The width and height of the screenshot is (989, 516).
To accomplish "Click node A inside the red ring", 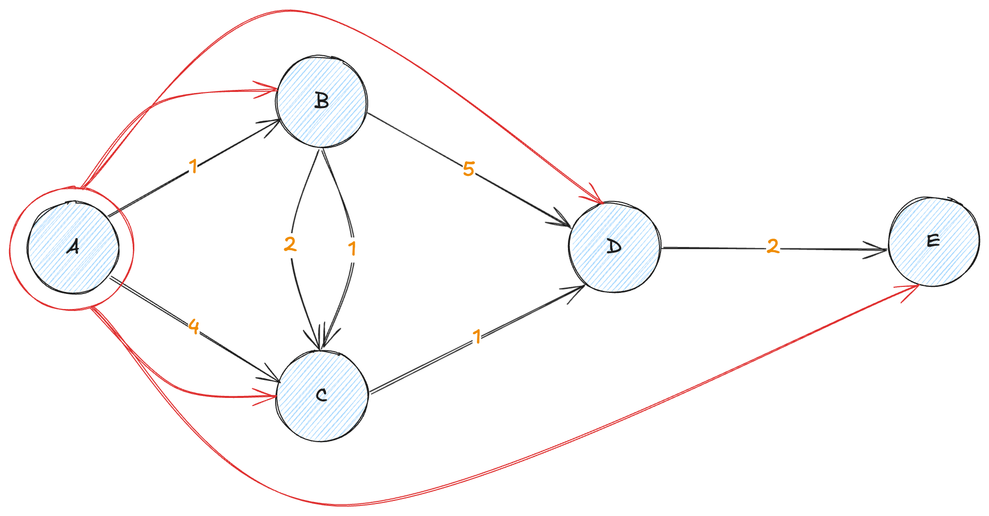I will pyautogui.click(x=73, y=248).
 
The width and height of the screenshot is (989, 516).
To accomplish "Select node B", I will pyautogui.click(x=321, y=101).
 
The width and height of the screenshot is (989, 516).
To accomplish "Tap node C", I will pyautogui.click(x=322, y=396).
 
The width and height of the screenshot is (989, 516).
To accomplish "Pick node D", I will pyautogui.click(x=614, y=247).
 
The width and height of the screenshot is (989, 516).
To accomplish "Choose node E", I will pyautogui.click(x=934, y=242).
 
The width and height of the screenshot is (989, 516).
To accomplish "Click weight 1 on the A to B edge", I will pyautogui.click(x=193, y=166).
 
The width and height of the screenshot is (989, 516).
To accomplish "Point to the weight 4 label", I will pyautogui.click(x=193, y=327).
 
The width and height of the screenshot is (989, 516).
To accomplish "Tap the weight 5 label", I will pyautogui.click(x=468, y=169).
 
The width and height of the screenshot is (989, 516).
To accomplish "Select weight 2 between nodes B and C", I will pyautogui.click(x=290, y=245).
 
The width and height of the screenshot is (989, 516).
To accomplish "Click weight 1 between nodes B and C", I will pyautogui.click(x=352, y=248).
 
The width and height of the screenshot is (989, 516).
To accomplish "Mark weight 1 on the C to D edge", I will pyautogui.click(x=477, y=337).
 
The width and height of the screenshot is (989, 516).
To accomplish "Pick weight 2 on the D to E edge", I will pyautogui.click(x=773, y=246).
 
